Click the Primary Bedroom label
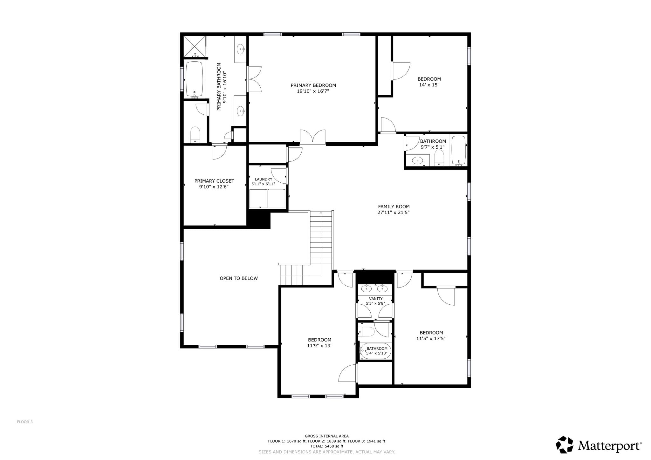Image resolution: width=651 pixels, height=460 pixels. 313,85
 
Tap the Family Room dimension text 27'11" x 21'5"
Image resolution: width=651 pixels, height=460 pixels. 393,213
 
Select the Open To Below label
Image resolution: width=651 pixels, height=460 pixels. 239,278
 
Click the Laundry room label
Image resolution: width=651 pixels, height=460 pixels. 264,179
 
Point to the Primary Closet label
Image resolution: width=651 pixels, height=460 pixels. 214,181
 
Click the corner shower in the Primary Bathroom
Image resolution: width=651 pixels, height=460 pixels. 195,46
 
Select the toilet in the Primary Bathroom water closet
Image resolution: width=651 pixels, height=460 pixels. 195,135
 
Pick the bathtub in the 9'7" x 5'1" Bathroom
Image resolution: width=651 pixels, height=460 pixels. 459,151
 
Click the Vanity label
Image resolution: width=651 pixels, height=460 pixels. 376,299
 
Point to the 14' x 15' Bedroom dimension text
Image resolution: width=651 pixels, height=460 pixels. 429,85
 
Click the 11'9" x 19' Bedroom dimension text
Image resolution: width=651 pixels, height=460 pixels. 319,346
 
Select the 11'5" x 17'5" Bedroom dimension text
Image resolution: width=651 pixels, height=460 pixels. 431,339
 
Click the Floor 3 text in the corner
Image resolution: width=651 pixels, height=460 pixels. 25,422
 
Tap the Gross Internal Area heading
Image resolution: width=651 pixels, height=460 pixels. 327,436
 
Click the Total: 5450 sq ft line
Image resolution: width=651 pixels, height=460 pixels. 327,446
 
